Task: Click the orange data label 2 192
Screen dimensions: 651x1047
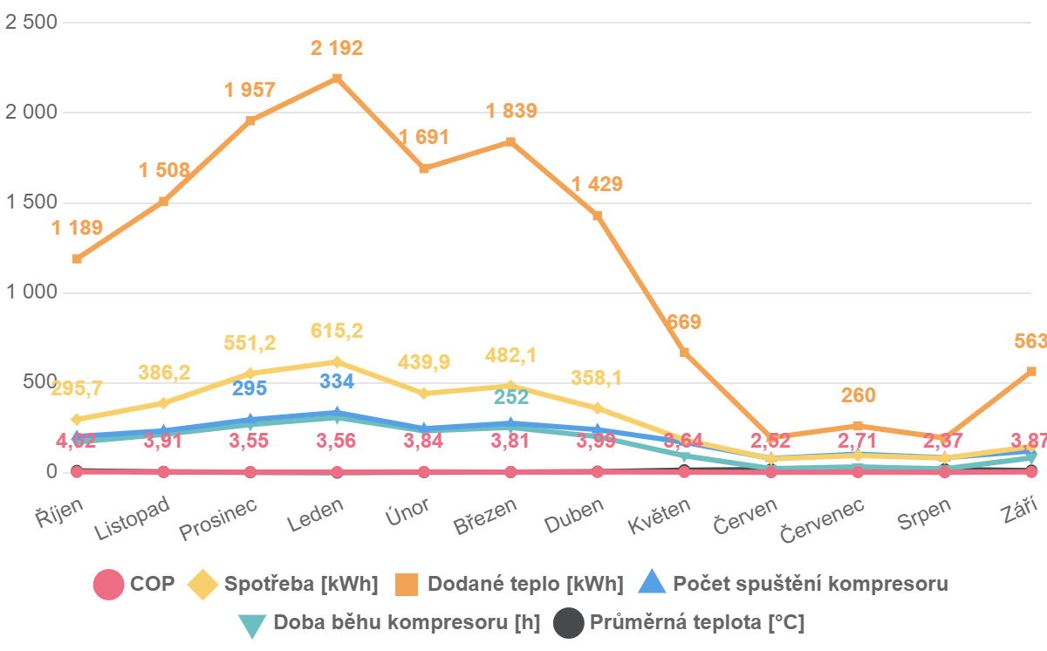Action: pyautogui.click(x=337, y=48)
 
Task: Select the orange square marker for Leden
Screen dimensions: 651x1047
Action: pyautogui.click(x=337, y=79)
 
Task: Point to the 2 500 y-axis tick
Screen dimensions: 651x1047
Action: pyautogui.click(x=31, y=23)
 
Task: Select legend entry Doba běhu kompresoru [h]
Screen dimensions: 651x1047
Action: pyautogui.click(x=389, y=622)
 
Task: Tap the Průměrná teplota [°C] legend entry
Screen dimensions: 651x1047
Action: pyautogui.click(x=681, y=622)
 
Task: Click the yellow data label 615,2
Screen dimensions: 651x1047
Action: pyautogui.click(x=337, y=331)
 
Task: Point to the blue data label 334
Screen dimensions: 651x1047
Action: pyautogui.click(x=337, y=381)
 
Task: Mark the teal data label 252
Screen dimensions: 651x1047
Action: pyautogui.click(x=511, y=397)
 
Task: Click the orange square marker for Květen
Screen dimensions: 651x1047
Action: pyautogui.click(x=685, y=353)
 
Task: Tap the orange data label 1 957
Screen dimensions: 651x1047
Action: pyautogui.click(x=250, y=90)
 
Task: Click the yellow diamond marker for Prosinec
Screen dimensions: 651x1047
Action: pyautogui.click(x=250, y=373)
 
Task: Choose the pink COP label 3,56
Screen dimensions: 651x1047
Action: pyautogui.click(x=337, y=441)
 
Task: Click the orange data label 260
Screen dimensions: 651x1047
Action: pyautogui.click(x=859, y=395)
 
